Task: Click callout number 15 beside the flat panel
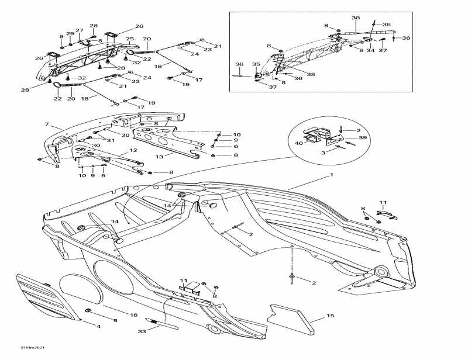tap(331, 316)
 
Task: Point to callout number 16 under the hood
tap(115, 320)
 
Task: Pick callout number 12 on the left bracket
tap(133, 151)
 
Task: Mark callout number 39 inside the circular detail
tap(363, 138)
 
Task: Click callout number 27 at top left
tap(79, 30)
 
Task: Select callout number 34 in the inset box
tap(370, 51)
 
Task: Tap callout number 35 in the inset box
tap(256, 64)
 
